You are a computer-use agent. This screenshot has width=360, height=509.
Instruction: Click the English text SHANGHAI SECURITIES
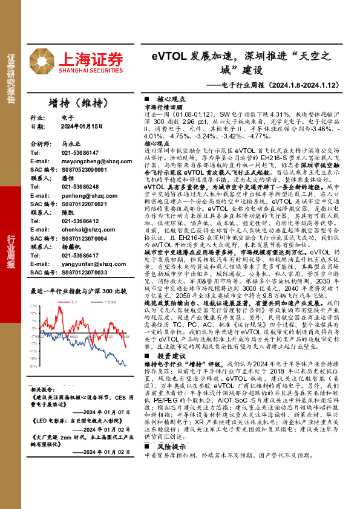coord(91,70)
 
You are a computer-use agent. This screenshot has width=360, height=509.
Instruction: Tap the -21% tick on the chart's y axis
coord(34,365)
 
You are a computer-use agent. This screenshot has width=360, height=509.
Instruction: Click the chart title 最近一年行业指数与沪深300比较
coord(78,291)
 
